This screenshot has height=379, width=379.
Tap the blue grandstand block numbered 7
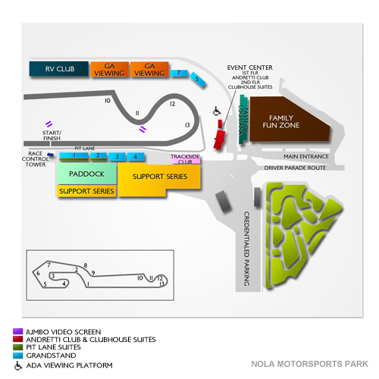point(178,74)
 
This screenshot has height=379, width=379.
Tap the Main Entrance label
point(305,157)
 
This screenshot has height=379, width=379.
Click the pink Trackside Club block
point(185,159)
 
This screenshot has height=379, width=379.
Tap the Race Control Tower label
point(34,158)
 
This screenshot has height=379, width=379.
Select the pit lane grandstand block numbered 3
point(117,157)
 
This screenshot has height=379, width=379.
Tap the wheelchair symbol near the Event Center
point(215,111)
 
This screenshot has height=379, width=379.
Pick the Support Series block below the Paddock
point(87,191)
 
